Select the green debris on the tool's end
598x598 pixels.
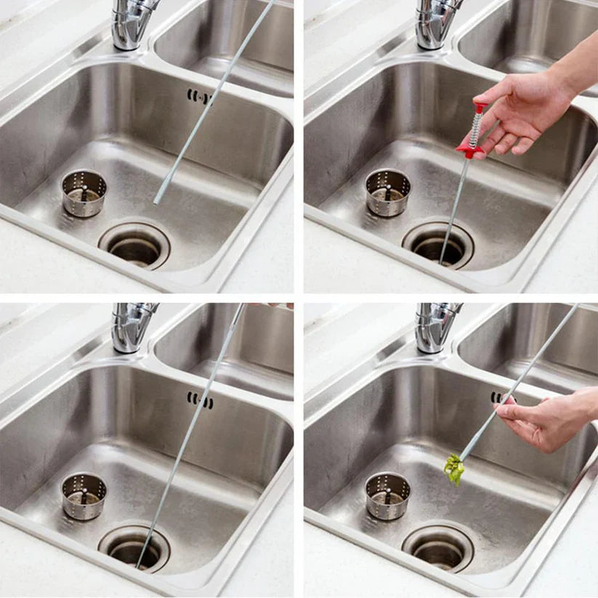[455, 469]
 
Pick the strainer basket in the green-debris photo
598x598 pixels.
[387, 495]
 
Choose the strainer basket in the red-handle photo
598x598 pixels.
[387, 193]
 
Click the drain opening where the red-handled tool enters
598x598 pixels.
[438, 245]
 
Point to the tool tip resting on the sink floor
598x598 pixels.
[156, 201]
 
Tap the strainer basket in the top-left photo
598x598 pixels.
[84, 193]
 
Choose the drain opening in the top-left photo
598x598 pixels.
[134, 245]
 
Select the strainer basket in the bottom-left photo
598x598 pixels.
[84, 495]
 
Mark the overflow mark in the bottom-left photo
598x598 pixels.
[200, 400]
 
